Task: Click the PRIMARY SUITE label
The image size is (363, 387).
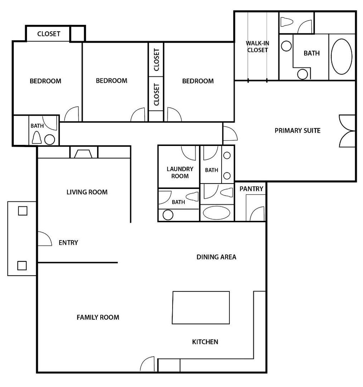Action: pyautogui.click(x=297, y=131)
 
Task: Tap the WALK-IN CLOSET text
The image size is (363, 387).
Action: pyautogui.click(x=257, y=47)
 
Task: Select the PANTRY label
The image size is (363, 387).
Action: pyautogui.click(x=251, y=189)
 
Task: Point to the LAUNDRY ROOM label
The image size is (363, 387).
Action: pyautogui.click(x=180, y=173)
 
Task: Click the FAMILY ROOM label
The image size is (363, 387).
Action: pyautogui.click(x=98, y=317)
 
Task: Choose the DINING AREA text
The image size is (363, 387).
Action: pyautogui.click(x=216, y=257)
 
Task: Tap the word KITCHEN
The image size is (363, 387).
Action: pyautogui.click(x=205, y=342)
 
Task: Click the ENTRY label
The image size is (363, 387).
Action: pyautogui.click(x=68, y=242)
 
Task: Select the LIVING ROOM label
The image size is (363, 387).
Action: pyautogui.click(x=87, y=192)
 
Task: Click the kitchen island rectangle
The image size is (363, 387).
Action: pyautogui.click(x=201, y=307)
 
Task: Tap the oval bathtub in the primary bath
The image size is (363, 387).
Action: pyautogui.click(x=342, y=56)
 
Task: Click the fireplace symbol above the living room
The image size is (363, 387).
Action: pyautogui.click(x=83, y=154)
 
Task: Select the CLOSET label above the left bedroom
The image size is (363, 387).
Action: pyautogui.click(x=49, y=34)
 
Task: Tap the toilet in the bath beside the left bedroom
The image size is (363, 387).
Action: pyautogui.click(x=37, y=137)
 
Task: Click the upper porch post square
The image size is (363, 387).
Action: pyautogui.click(x=23, y=211)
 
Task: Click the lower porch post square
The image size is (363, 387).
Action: pyautogui.click(x=22, y=266)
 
